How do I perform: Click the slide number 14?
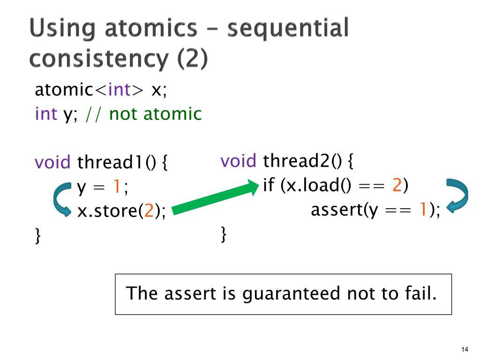[465, 349]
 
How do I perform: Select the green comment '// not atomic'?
[143, 113]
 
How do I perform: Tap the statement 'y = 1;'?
[103, 187]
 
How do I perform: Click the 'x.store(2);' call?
[121, 212]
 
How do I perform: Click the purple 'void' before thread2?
[239, 161]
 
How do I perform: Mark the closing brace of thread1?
[38, 235]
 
